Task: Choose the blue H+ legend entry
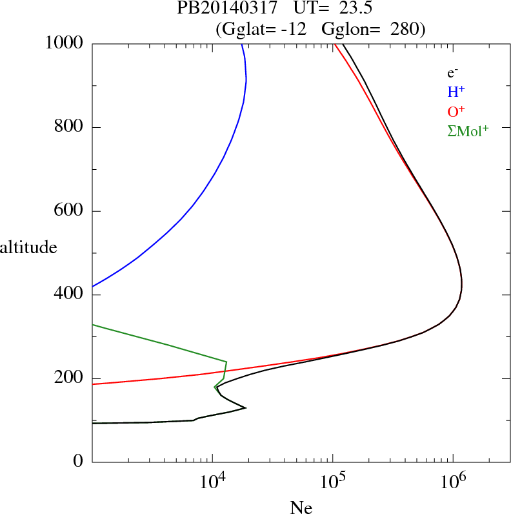coord(457,92)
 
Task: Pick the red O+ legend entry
coord(457,112)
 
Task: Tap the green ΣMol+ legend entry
coord(468,131)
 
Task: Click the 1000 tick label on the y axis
coord(65,43)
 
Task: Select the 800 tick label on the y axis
coord(69,127)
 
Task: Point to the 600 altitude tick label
coord(69,211)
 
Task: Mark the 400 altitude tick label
coord(69,295)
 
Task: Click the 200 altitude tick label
coord(69,378)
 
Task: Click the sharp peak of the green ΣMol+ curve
coord(226,362)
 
